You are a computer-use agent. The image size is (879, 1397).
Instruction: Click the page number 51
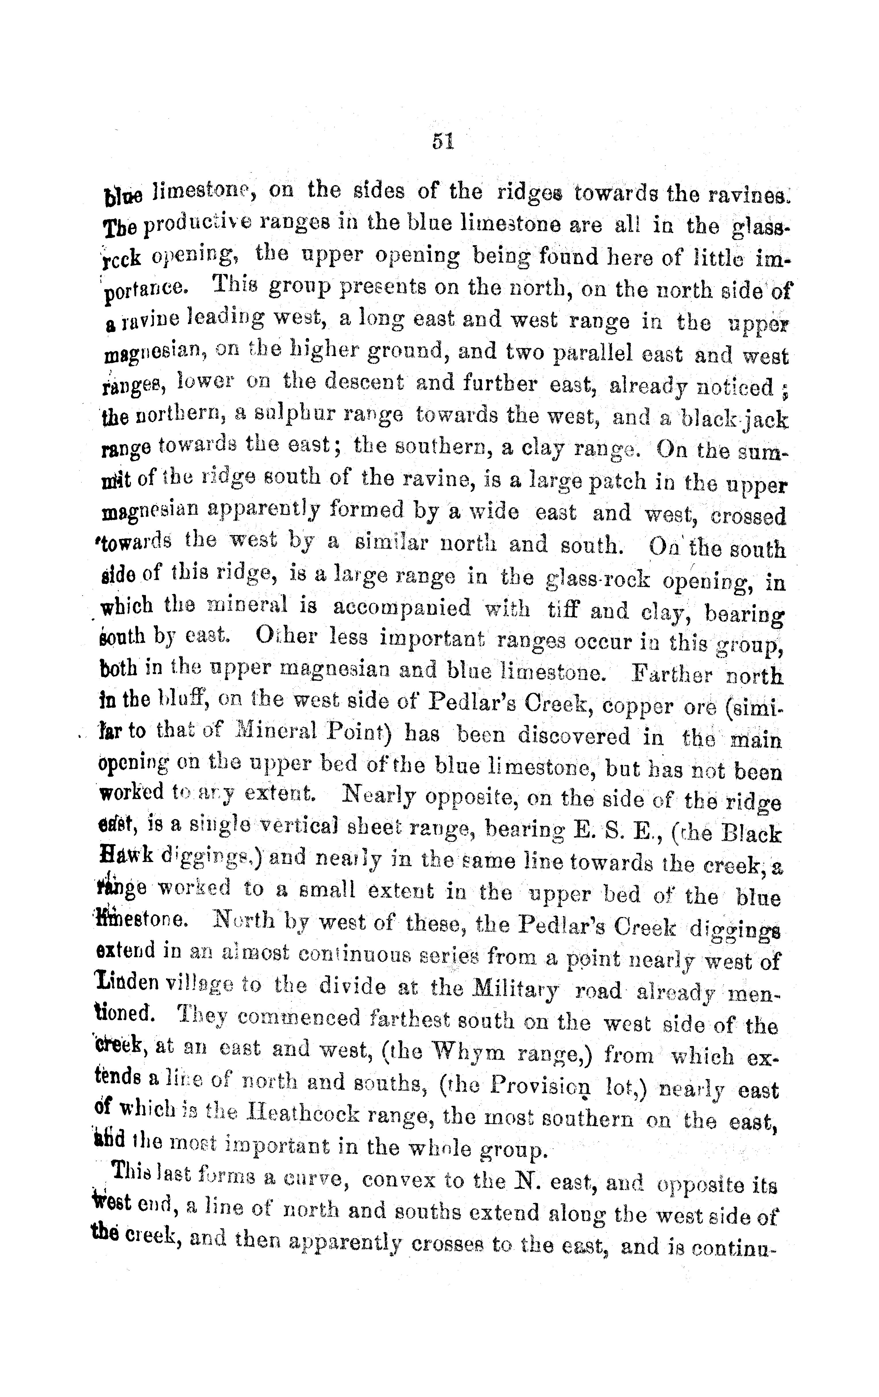coord(442,141)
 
